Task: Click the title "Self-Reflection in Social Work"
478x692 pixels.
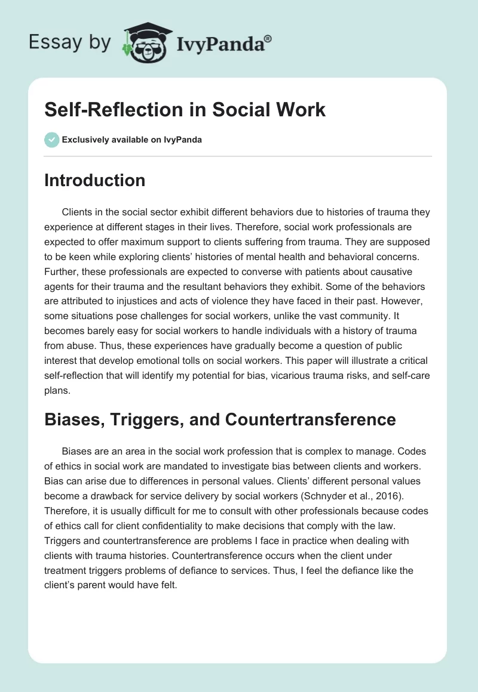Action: click(185, 110)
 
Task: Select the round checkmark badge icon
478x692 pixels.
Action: click(51, 140)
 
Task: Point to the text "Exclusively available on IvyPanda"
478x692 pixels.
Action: click(132, 140)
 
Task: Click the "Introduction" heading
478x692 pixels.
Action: click(94, 180)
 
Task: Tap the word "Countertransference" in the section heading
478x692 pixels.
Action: click(310, 419)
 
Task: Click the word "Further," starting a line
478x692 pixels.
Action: click(63, 268)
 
